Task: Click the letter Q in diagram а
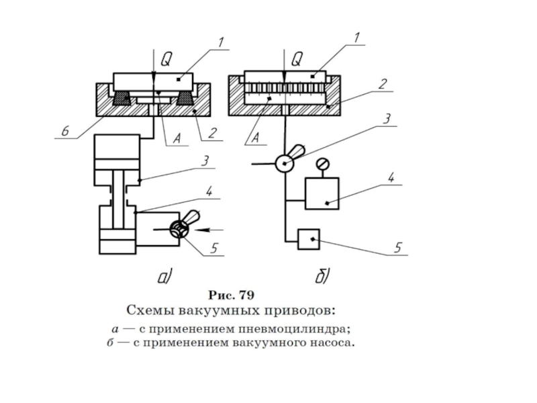click(x=166, y=60)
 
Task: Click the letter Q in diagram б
click(x=297, y=59)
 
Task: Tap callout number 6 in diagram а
click(x=65, y=130)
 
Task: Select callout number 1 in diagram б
click(x=357, y=38)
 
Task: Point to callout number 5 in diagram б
click(x=397, y=247)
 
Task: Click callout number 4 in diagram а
click(x=209, y=191)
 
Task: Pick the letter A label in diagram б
click(x=256, y=138)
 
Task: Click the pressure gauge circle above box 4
click(x=322, y=164)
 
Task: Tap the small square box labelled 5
click(x=309, y=239)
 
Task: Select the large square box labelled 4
click(x=322, y=193)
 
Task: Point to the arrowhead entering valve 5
click(x=203, y=230)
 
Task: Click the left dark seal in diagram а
click(x=122, y=98)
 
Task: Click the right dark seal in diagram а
click(x=185, y=98)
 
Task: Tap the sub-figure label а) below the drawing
click(x=164, y=277)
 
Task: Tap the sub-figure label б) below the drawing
click(x=322, y=276)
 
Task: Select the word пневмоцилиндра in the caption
click(x=294, y=329)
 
